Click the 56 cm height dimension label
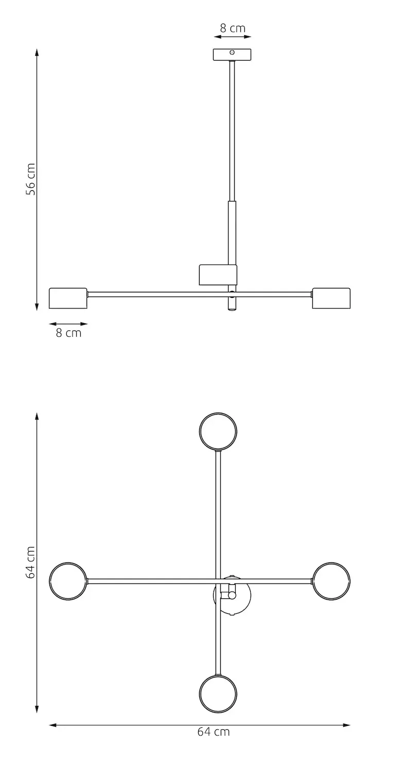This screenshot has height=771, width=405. click(x=31, y=179)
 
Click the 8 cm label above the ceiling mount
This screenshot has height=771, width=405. click(x=233, y=28)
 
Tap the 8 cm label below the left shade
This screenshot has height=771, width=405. click(x=68, y=333)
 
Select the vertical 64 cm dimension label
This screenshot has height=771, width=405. click(x=31, y=562)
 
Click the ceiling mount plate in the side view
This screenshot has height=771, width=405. click(x=232, y=54)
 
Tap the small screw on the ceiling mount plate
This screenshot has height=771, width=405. click(x=232, y=52)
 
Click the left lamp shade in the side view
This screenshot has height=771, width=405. click(x=68, y=298)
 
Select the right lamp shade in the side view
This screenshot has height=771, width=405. click(x=331, y=298)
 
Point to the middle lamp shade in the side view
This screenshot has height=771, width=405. click(x=218, y=274)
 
